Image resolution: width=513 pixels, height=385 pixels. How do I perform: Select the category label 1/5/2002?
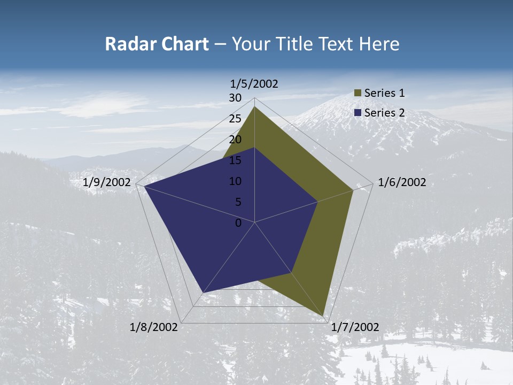click(254, 83)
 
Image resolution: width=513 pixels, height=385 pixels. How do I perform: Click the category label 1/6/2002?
click(402, 182)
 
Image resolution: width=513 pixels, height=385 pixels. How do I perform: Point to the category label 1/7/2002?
click(355, 327)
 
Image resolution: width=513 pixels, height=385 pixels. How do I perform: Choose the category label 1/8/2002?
click(154, 327)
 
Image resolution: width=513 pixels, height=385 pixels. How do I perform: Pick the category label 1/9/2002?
click(107, 182)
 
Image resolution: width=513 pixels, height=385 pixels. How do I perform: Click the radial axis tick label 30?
click(235, 98)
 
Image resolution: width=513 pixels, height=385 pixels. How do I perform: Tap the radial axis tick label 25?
click(235, 119)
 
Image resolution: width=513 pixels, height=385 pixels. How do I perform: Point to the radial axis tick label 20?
click(235, 140)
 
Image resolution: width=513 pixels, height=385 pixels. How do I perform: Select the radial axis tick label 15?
click(235, 160)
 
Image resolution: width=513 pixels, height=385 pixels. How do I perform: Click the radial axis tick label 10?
click(235, 181)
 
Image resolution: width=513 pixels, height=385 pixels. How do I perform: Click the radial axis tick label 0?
click(238, 223)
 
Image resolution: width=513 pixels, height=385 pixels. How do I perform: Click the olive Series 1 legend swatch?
click(358, 93)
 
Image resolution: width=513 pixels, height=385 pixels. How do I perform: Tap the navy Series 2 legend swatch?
click(358, 113)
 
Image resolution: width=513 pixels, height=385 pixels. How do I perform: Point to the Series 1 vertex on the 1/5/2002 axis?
click(254, 106)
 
